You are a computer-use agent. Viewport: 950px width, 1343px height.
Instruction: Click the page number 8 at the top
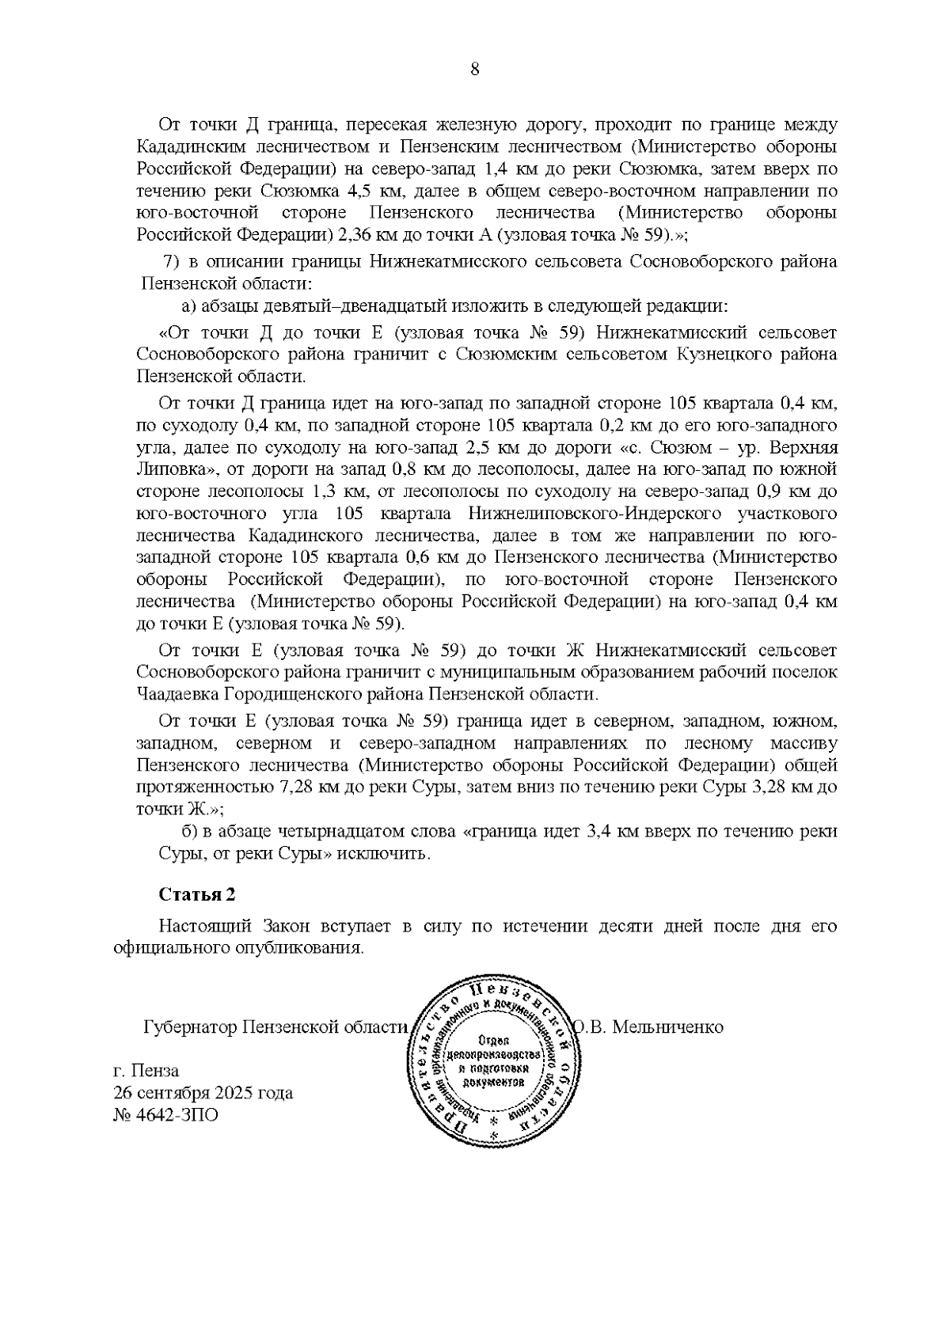(x=474, y=69)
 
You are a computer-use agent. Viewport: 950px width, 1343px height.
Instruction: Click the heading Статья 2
(x=197, y=894)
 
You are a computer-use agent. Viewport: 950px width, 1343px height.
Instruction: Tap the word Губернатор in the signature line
(x=190, y=1027)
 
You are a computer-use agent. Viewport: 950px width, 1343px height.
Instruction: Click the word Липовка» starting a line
(x=170, y=469)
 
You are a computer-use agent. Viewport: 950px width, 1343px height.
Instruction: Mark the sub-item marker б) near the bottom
(x=190, y=832)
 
